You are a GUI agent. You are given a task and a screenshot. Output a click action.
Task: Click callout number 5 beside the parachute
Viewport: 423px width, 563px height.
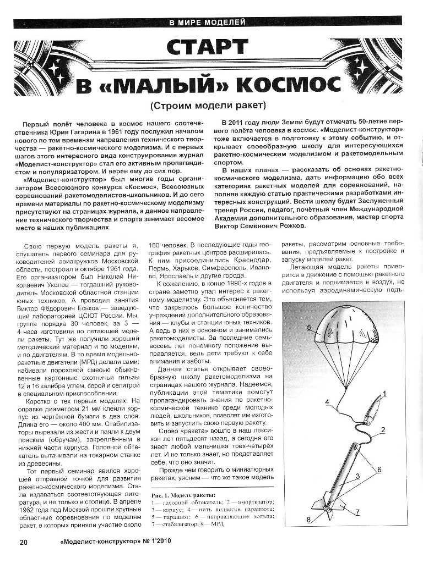pyautogui.click(x=309, y=328)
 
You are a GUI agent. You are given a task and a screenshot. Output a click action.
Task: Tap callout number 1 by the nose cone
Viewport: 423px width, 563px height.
pyautogui.click(x=385, y=394)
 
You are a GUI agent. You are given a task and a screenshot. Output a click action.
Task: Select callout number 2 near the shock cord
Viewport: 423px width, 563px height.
pyautogui.click(x=382, y=429)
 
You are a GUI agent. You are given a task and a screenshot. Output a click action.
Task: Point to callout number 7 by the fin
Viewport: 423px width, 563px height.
pyautogui.click(x=357, y=512)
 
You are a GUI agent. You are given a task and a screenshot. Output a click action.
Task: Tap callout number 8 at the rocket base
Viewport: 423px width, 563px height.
pyautogui.click(x=309, y=519)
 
